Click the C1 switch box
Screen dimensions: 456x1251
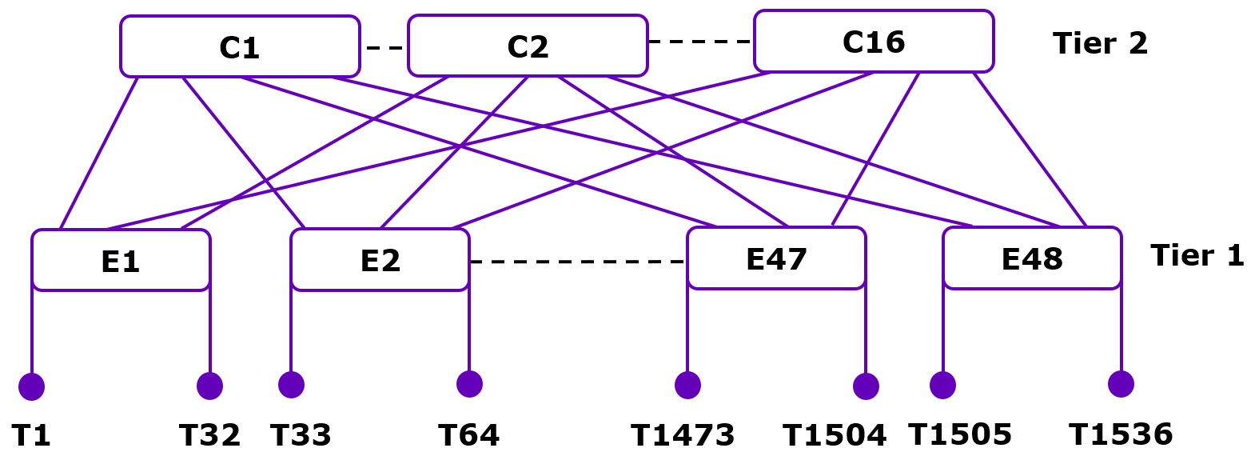coord(240,46)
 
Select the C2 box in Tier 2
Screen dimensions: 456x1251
coord(528,46)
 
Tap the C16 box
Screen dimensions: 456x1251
coord(874,42)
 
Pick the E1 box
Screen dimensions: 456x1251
coord(121,261)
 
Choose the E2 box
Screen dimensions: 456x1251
coord(380,260)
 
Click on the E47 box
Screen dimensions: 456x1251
coord(776,258)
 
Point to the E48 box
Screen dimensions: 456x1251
coord(1032,258)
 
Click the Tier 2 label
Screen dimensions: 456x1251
coord(1100,43)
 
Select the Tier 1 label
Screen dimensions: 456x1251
coord(1197,255)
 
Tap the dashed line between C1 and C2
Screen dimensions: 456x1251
coord(384,48)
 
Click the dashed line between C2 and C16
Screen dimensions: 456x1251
coord(700,42)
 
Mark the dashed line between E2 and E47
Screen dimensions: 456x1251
coord(577,261)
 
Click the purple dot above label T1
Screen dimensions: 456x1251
coord(31,386)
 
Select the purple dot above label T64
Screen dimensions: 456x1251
coord(469,384)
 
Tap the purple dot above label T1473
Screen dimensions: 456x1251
coord(687,385)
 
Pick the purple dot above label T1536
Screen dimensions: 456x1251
coord(1121,384)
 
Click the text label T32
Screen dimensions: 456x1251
coord(209,435)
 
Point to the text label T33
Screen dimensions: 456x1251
coord(301,435)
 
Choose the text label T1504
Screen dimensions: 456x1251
coord(834,435)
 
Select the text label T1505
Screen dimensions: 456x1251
coord(960,434)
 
